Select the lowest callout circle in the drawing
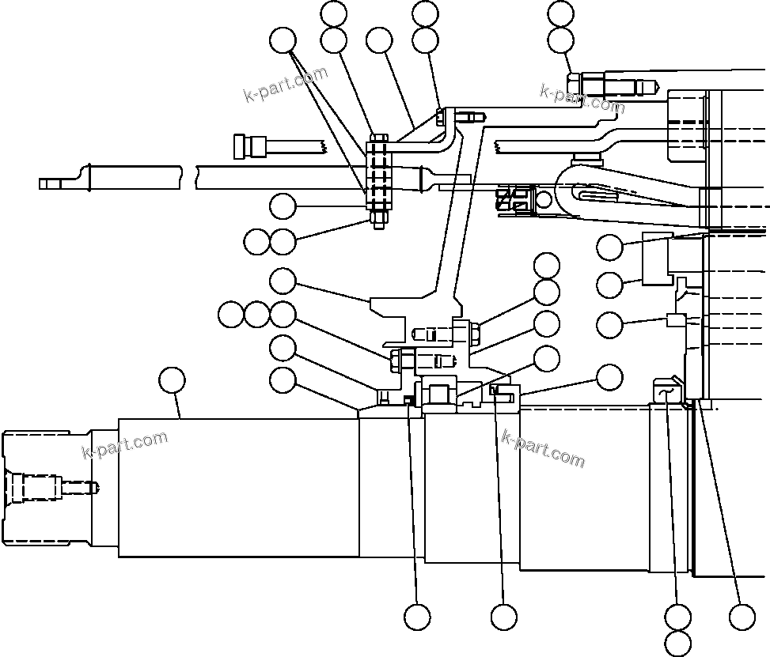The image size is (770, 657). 678,642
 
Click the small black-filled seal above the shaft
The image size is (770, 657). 408,399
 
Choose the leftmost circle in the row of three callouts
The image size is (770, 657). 231,315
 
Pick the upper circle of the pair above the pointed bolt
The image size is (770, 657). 560,13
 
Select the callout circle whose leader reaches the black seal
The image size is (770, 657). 417,616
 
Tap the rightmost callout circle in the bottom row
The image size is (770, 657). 742,616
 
